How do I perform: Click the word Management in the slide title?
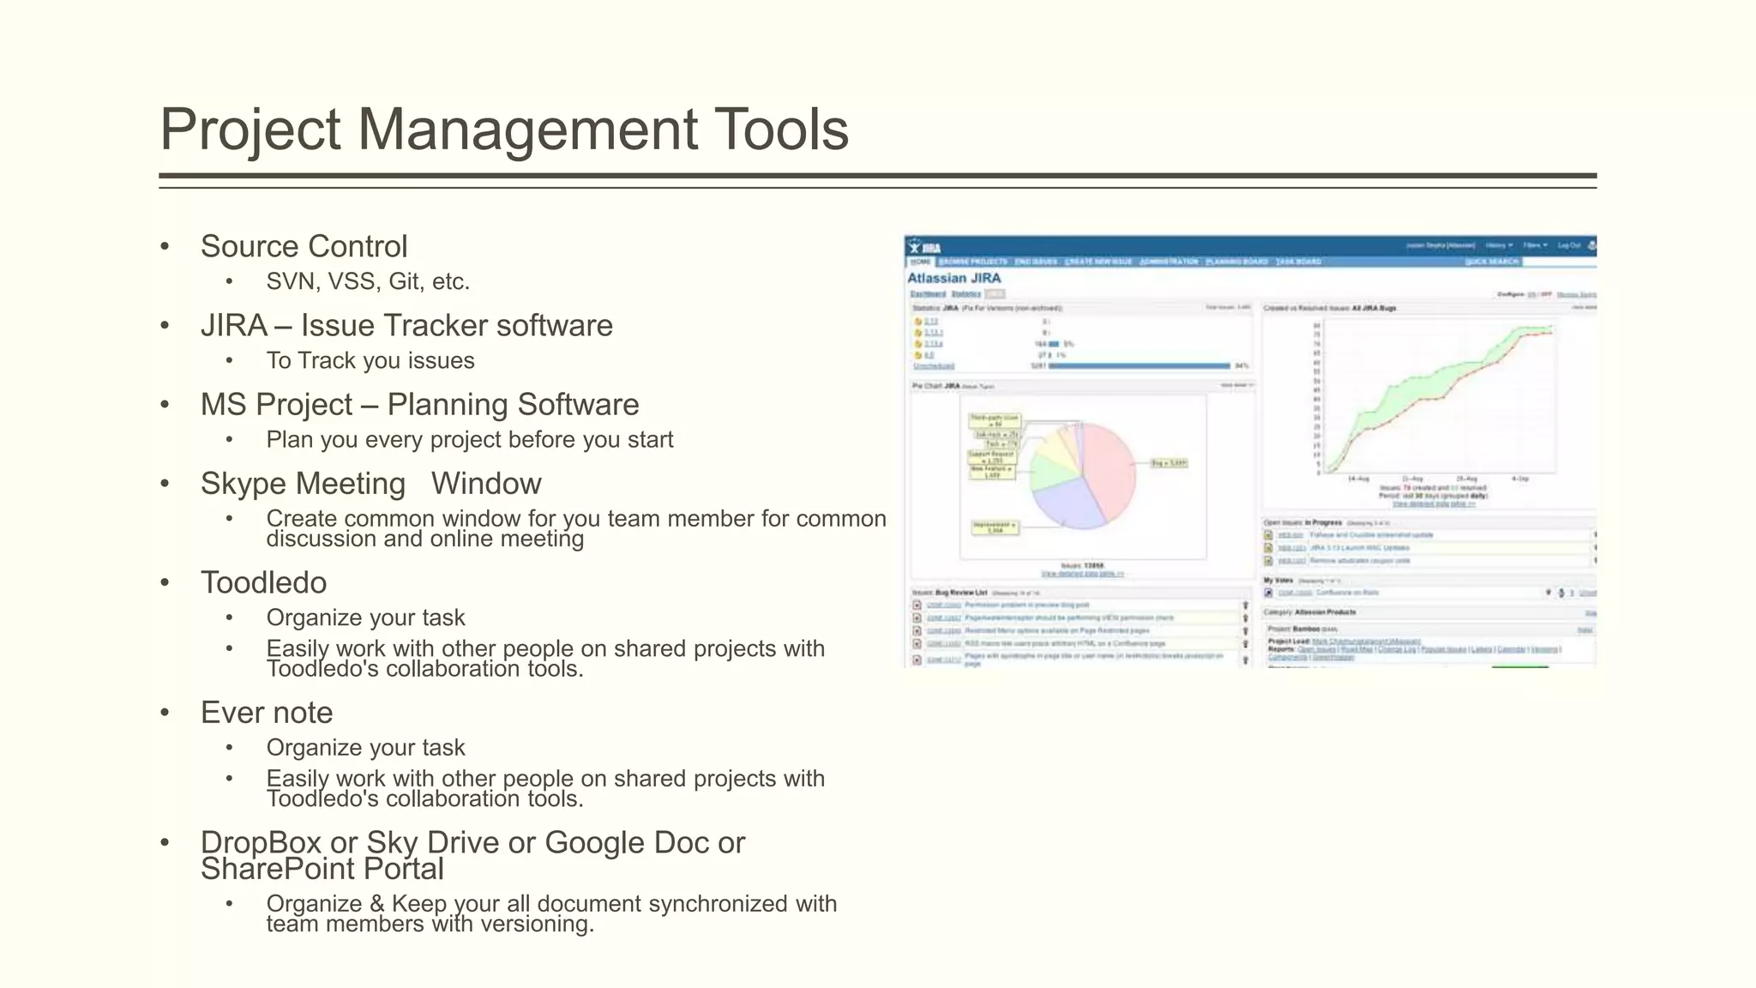526,130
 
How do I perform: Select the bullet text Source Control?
304,247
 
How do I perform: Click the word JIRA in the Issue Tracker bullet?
234,326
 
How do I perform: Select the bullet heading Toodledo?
263,583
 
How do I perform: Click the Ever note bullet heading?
267,713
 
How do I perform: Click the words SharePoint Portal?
322,870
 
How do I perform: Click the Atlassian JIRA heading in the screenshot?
953,278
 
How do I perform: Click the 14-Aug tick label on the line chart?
1358,479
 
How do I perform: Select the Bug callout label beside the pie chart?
1170,463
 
